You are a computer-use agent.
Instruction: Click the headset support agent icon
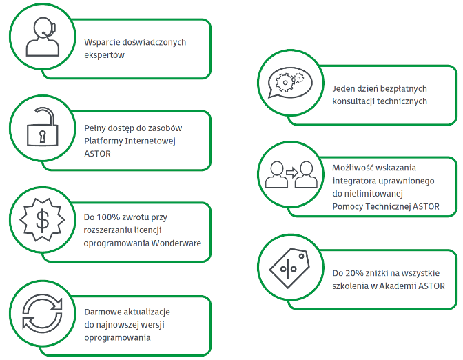pyautogui.click(x=41, y=38)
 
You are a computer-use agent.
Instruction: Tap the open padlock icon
pyautogui.click(x=41, y=127)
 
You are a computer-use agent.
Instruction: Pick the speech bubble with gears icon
pyautogui.click(x=289, y=82)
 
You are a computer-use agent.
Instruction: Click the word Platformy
pyautogui.click(x=103, y=141)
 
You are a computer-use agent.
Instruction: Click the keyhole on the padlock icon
pyautogui.click(x=41, y=134)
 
